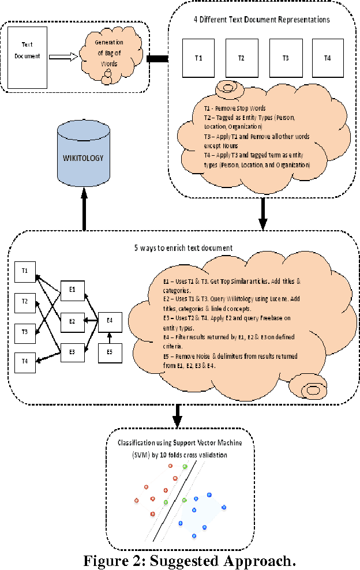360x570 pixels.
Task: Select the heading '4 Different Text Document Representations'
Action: pyautogui.click(x=261, y=20)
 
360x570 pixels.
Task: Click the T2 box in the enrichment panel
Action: pyautogui.click(x=25, y=301)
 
